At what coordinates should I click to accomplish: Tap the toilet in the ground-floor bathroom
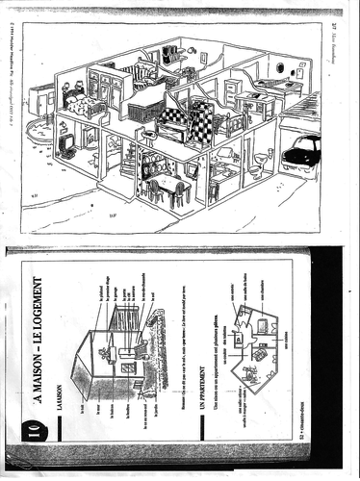click(x=253, y=173)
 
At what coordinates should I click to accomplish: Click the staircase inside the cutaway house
click(x=130, y=164)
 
